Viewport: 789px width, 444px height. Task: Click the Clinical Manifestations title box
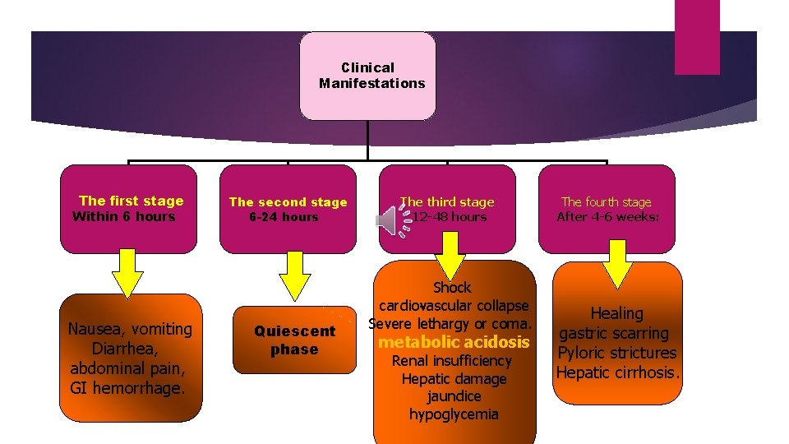(x=367, y=76)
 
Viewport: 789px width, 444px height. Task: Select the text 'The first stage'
(x=131, y=201)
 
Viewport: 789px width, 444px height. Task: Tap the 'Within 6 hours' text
(x=124, y=217)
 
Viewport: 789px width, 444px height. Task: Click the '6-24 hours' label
(x=284, y=218)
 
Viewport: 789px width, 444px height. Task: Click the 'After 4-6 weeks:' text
(x=607, y=218)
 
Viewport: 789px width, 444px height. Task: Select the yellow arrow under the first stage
(x=127, y=273)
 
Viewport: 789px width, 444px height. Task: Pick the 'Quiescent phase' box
(x=294, y=340)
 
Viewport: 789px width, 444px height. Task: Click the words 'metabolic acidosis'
(x=454, y=342)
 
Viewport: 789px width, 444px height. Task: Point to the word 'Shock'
(x=452, y=288)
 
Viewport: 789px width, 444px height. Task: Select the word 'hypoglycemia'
(x=454, y=414)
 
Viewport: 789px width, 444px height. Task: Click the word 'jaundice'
(x=454, y=396)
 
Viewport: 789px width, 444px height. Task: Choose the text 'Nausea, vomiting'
(x=130, y=329)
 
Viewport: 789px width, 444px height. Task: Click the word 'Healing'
(x=616, y=313)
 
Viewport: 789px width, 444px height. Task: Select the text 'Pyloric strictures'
(x=616, y=353)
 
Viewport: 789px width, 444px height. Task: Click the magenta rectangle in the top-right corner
(x=697, y=37)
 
